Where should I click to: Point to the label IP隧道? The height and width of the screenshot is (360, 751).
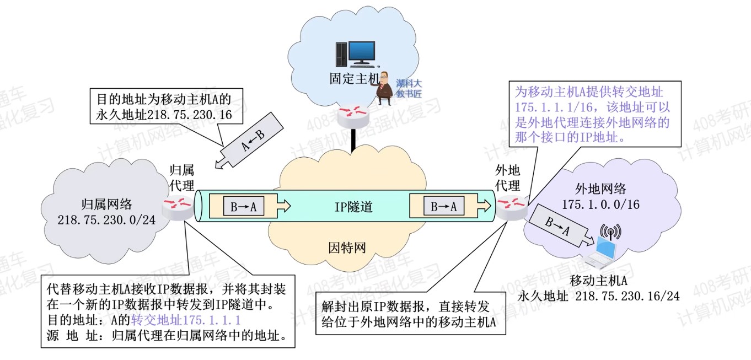(353, 207)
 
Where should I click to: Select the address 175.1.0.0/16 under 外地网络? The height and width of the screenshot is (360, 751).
(600, 205)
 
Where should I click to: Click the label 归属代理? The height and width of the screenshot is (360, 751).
(181, 178)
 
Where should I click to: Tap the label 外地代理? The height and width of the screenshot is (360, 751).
(507, 178)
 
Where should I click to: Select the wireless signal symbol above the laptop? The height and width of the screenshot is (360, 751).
(610, 232)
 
